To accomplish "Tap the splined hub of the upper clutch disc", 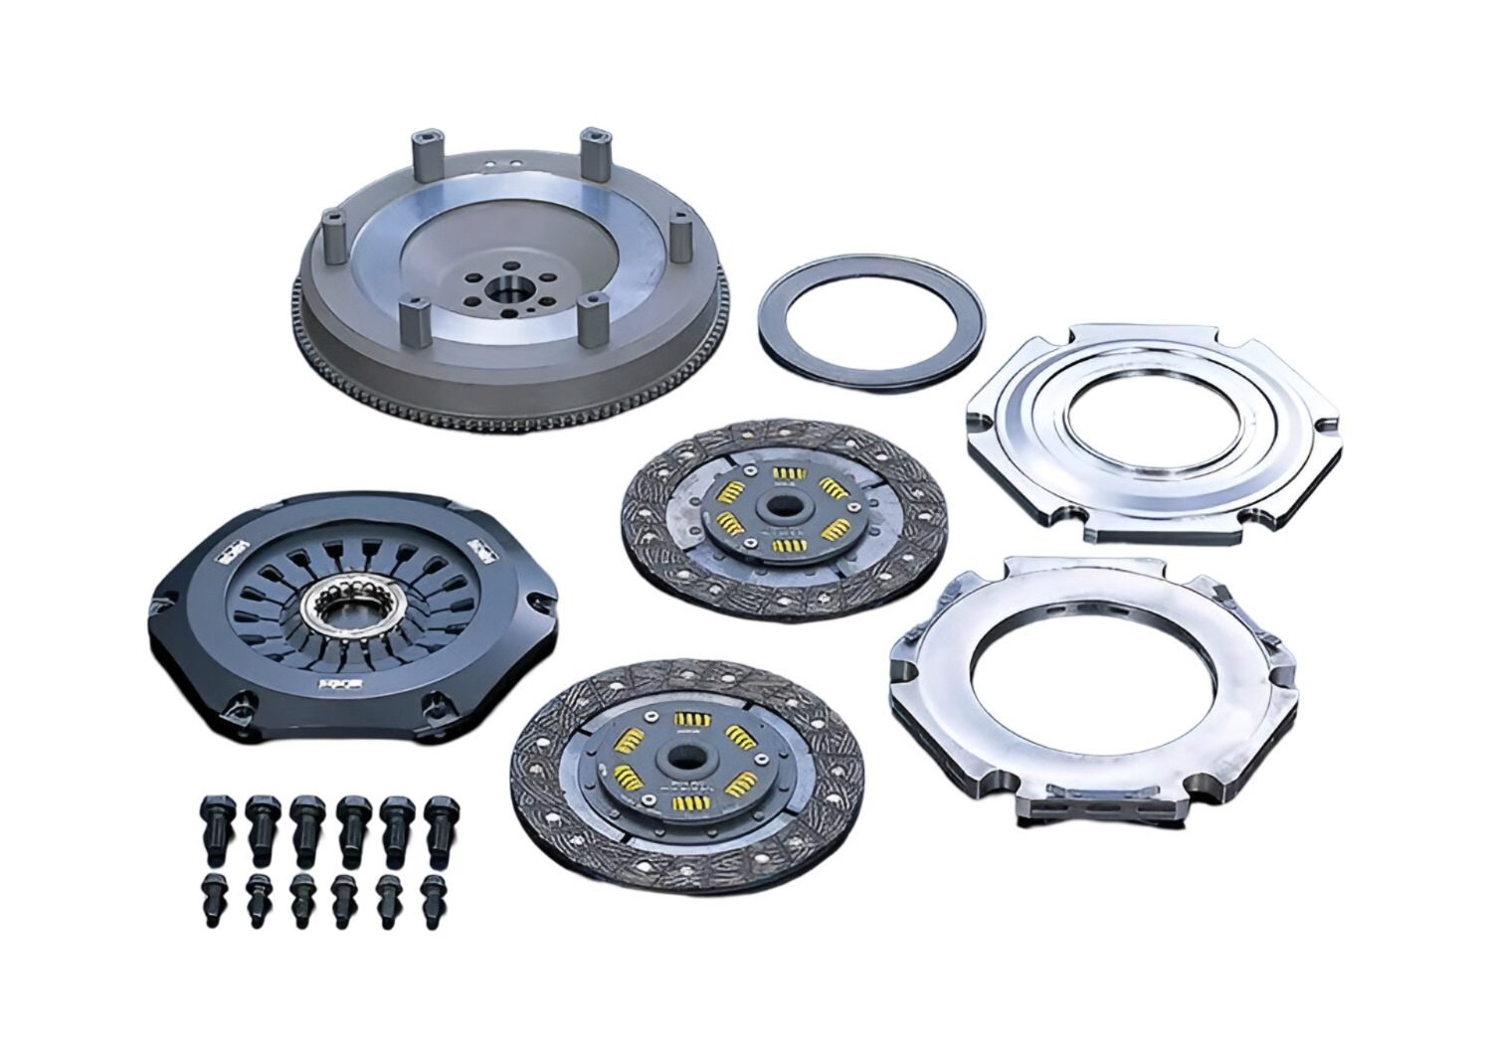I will point(779,505).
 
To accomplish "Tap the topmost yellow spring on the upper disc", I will point(789,471).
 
